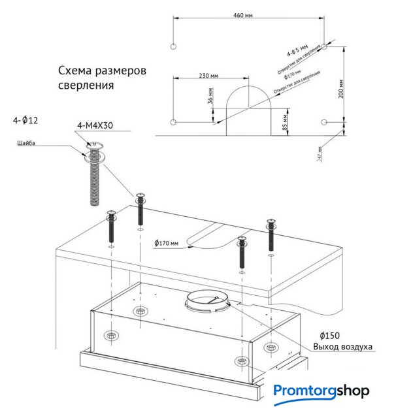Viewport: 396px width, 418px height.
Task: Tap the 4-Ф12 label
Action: (x=25, y=121)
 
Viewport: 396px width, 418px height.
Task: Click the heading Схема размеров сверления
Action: (x=101, y=77)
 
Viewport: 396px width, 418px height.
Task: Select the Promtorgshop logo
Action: (x=321, y=392)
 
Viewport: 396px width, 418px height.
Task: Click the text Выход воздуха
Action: (x=343, y=346)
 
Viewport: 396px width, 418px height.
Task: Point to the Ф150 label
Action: (x=331, y=334)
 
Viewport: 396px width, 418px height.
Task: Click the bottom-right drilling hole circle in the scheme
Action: (x=325, y=122)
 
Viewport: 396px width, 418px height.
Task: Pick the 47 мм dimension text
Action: (x=319, y=153)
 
